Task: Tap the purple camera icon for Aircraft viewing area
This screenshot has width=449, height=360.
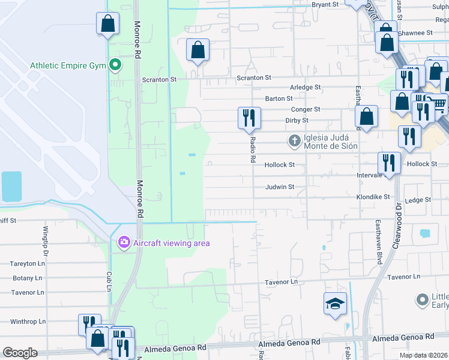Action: [x=124, y=242]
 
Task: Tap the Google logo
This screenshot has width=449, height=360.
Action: [x=20, y=353]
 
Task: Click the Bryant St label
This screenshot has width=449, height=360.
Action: [x=325, y=4]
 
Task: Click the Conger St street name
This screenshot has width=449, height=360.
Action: [x=306, y=109]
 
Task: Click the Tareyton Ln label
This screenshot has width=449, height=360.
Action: [x=28, y=263]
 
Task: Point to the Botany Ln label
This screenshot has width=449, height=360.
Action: [x=27, y=278]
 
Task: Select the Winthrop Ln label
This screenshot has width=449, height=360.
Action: [x=28, y=321]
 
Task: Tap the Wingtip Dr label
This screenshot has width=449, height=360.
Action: [x=45, y=238]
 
